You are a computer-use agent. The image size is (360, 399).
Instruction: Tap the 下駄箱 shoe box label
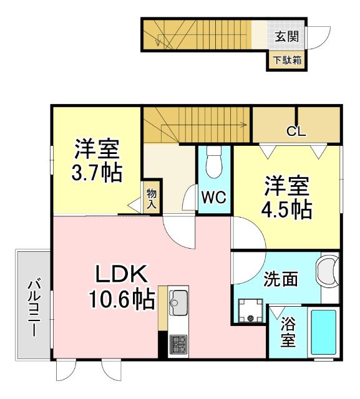(x=286, y=60)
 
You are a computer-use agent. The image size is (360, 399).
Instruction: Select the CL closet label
(x=296, y=131)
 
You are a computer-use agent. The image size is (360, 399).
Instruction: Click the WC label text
(x=213, y=199)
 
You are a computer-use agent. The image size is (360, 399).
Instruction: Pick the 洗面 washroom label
(x=280, y=279)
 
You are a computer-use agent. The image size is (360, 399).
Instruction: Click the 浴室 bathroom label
(x=288, y=332)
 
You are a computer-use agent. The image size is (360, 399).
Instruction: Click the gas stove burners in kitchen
(x=178, y=343)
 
